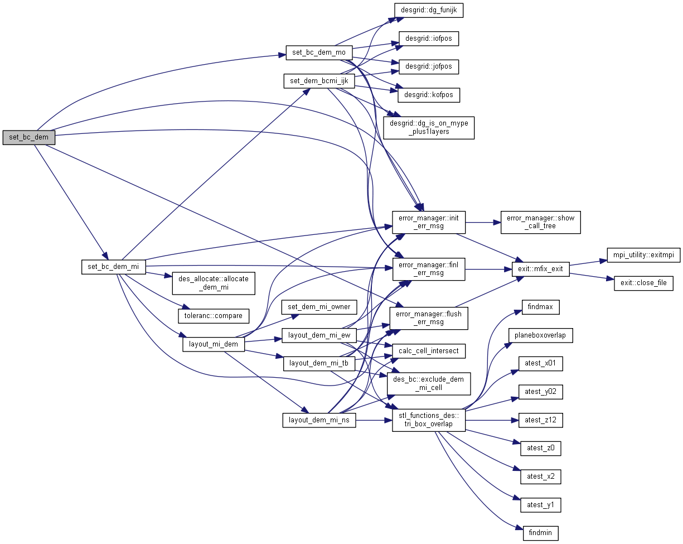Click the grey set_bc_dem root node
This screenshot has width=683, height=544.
pyautogui.click(x=29, y=137)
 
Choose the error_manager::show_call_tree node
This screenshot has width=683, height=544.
pyautogui.click(x=541, y=222)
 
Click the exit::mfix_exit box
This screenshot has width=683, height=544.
pyautogui.click(x=541, y=269)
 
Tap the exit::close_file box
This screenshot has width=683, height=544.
pyautogui.click(x=643, y=283)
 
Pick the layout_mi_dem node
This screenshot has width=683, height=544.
pyautogui.click(x=214, y=344)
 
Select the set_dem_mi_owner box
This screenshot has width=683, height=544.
pyautogui.click(x=319, y=306)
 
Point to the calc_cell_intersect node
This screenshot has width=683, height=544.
pyautogui.click(x=429, y=351)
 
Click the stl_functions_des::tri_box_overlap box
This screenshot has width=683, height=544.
pyautogui.click(x=429, y=420)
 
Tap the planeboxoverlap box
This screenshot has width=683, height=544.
pyautogui.click(x=540, y=335)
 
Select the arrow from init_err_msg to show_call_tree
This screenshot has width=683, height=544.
pyautogui.click(x=483, y=222)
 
